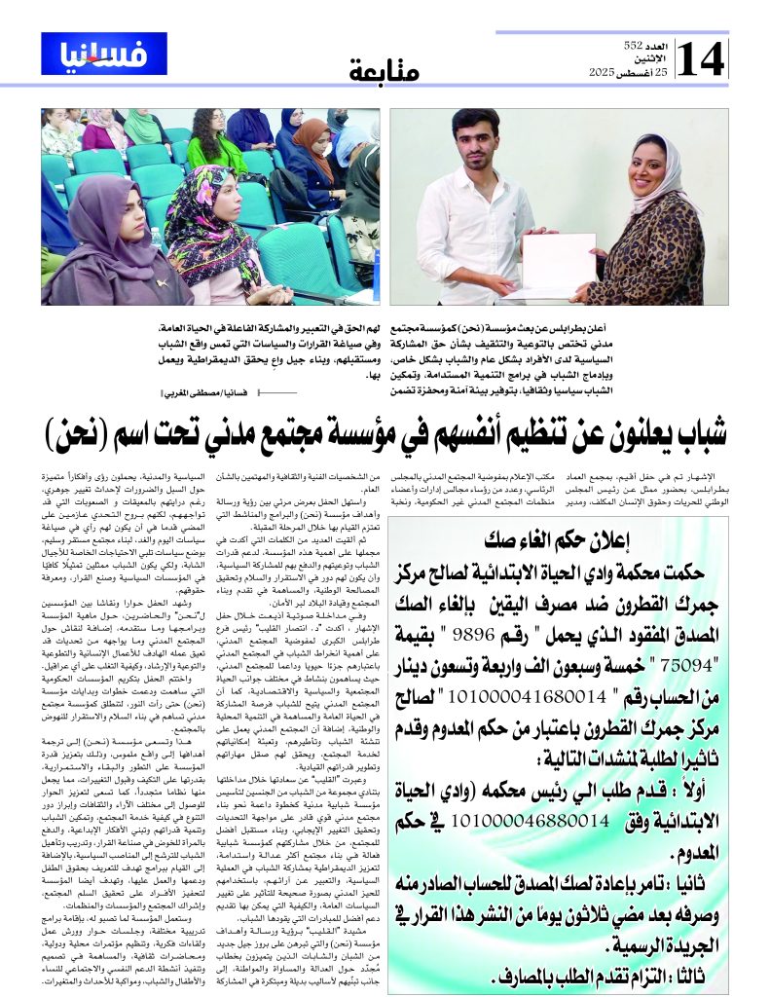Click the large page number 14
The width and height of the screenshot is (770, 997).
701,58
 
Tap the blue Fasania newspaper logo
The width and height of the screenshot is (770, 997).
91,53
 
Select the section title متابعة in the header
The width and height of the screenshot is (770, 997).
384,70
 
